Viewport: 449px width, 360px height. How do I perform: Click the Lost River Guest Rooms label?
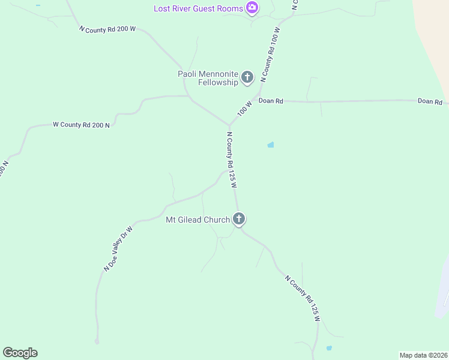(198, 8)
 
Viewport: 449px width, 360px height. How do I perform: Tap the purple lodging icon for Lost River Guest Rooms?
(253, 8)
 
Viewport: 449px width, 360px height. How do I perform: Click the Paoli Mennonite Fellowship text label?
(208, 78)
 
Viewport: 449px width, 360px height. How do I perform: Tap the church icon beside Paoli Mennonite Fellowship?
(247, 77)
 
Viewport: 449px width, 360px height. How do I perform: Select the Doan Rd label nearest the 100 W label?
(271, 101)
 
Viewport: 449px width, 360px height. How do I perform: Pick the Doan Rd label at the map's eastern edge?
(430, 101)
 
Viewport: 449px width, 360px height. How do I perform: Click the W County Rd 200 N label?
(81, 125)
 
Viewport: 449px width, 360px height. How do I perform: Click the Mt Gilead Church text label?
(197, 220)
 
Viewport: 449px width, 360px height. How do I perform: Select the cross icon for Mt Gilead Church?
(239, 219)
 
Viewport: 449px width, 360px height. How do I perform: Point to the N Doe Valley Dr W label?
(118, 248)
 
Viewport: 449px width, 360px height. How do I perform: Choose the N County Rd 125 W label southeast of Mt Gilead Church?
(302, 298)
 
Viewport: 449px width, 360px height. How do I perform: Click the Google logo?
(20, 353)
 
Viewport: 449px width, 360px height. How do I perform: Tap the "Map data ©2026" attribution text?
(423, 355)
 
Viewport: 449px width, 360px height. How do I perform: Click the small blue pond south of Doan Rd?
(271, 145)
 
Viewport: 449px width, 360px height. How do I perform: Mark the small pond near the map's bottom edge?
(328, 348)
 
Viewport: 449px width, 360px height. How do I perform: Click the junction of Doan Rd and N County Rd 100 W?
(258, 100)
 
